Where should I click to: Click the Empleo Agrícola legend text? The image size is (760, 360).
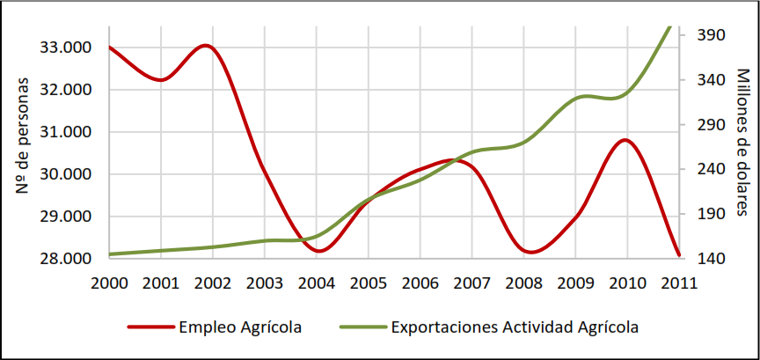pyautogui.click(x=240, y=327)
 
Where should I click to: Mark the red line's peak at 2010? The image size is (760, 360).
pyautogui.click(x=625, y=140)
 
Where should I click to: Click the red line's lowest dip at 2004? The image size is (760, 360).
pyautogui.click(x=318, y=251)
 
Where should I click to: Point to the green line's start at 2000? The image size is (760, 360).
pyautogui.click(x=110, y=254)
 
